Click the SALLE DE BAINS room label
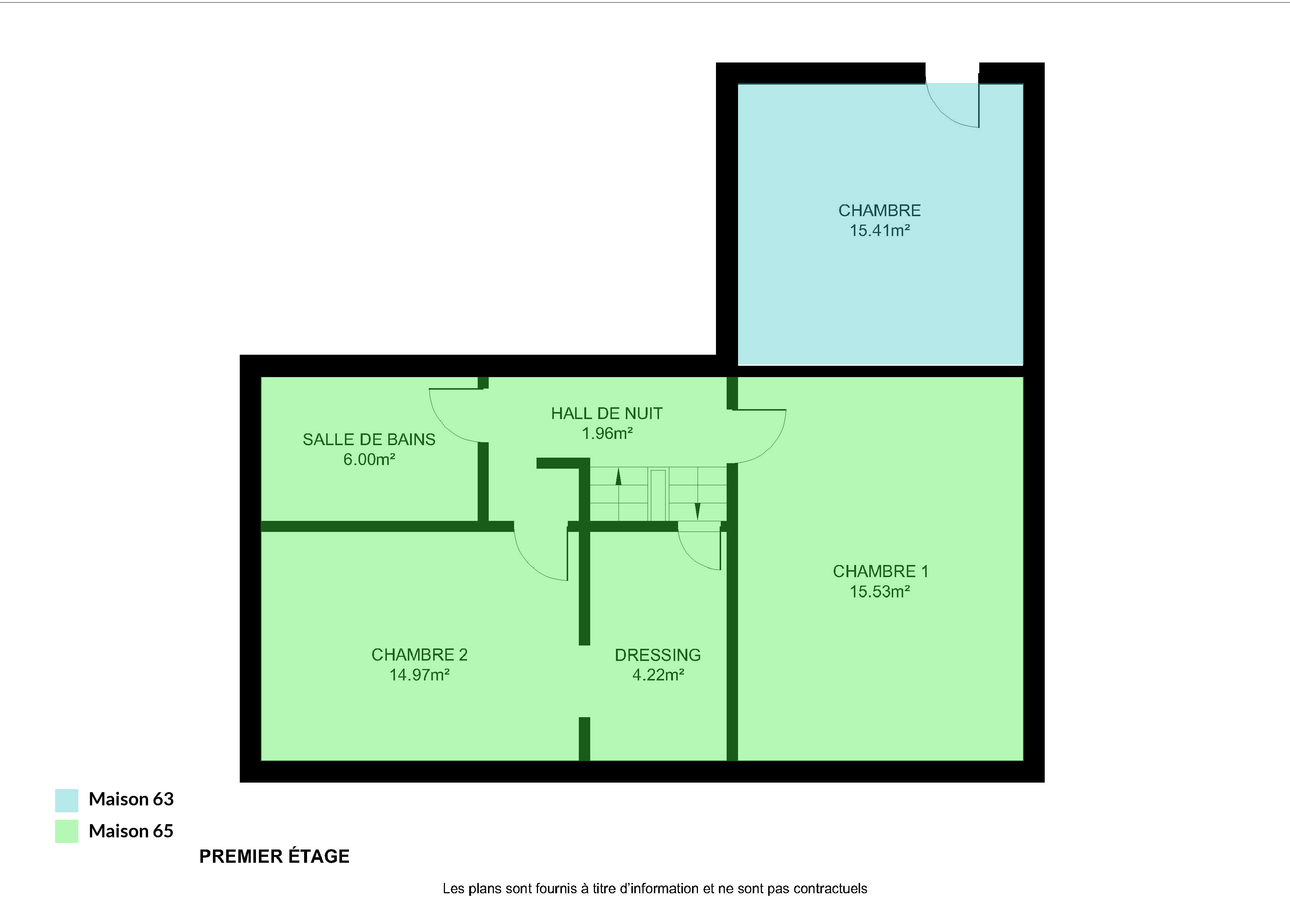(x=369, y=439)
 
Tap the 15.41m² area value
(x=880, y=230)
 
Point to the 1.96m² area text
(x=607, y=433)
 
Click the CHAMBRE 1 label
(x=880, y=571)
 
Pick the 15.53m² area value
(x=880, y=591)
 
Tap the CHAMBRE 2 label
(x=419, y=654)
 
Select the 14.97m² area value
(x=420, y=675)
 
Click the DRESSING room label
(x=658, y=655)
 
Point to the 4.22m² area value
(x=658, y=675)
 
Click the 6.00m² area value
(x=369, y=459)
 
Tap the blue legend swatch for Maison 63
(x=66, y=800)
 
